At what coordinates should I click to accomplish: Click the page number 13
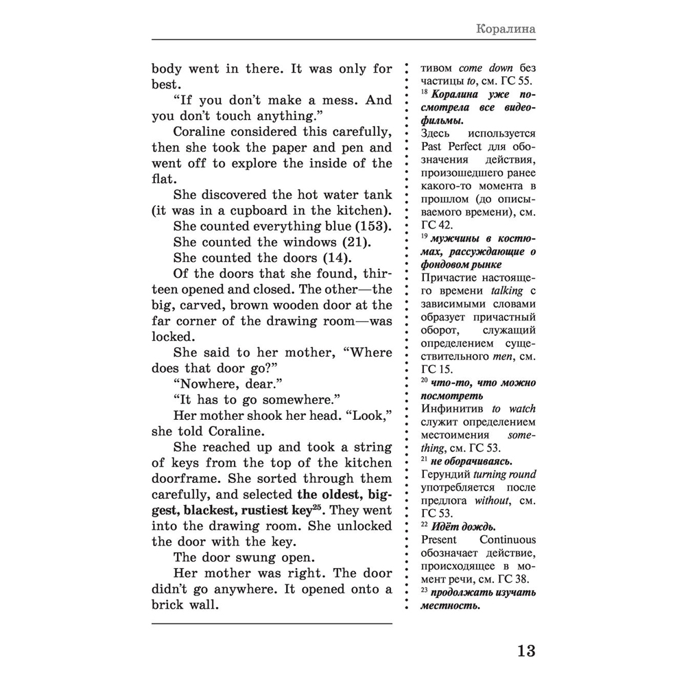[521, 650]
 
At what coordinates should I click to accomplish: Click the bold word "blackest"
[213, 510]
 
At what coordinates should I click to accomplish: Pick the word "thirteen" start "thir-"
[370, 274]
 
